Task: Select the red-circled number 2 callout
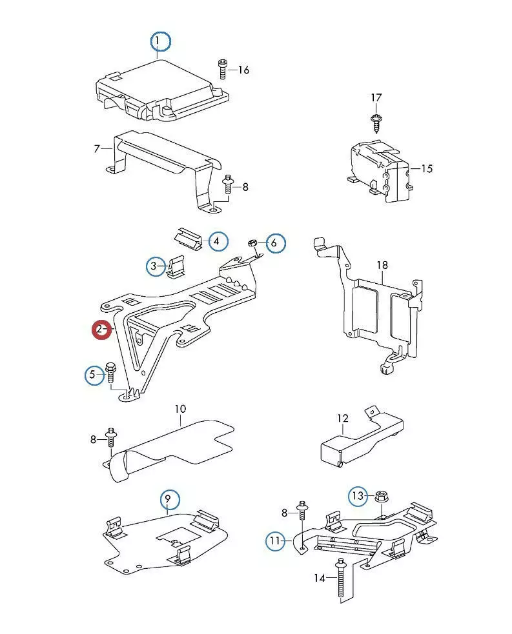pyautogui.click(x=101, y=330)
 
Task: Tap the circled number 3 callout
pyautogui.click(x=155, y=266)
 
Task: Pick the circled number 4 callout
pyautogui.click(x=218, y=242)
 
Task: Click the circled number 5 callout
pyautogui.click(x=94, y=374)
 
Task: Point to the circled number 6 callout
pyautogui.click(x=274, y=243)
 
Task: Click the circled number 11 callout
pyautogui.click(x=276, y=540)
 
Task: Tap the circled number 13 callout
pyautogui.click(x=358, y=496)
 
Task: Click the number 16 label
pyautogui.click(x=243, y=70)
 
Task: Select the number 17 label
pyautogui.click(x=376, y=97)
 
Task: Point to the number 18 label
pyautogui.click(x=382, y=265)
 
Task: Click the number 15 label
pyautogui.click(x=426, y=169)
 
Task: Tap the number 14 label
pyautogui.click(x=320, y=578)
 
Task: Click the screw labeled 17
pyautogui.click(x=376, y=119)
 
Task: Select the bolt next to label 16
pyautogui.click(x=222, y=68)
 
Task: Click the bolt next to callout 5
pyautogui.click(x=110, y=373)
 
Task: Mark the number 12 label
pyautogui.click(x=342, y=419)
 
